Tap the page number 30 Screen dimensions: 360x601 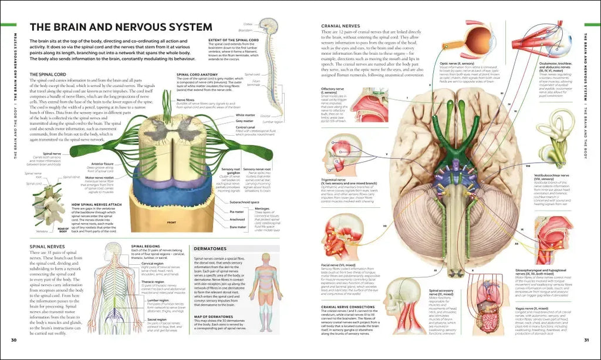tap(13, 340)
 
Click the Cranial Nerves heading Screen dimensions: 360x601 tap(340, 25)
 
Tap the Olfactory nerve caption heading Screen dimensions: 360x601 tap(333, 89)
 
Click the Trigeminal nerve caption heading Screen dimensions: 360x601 tap(335, 180)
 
